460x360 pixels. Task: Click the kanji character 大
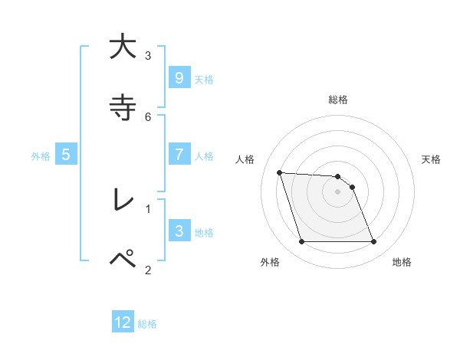[122, 47]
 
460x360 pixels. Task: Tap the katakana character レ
[122, 200]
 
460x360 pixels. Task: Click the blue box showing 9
[179, 78]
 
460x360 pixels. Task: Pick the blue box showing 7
[179, 155]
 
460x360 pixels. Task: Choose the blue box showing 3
[179, 231]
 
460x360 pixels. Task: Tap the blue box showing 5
[66, 155]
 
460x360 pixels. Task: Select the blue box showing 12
[123, 322]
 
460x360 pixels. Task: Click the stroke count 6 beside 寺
[148, 116]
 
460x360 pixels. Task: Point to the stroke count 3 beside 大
[148, 55]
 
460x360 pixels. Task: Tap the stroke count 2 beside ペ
[148, 269]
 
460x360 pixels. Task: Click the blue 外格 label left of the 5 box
[41, 155]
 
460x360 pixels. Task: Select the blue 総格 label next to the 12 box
[147, 323]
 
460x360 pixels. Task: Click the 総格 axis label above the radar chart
[338, 100]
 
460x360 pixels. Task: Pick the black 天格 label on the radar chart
[431, 159]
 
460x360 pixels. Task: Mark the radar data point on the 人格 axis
[279, 172]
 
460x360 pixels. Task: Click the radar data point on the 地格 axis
[373, 242]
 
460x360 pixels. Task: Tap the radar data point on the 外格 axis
[301, 242]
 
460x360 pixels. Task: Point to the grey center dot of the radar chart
[337, 191]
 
